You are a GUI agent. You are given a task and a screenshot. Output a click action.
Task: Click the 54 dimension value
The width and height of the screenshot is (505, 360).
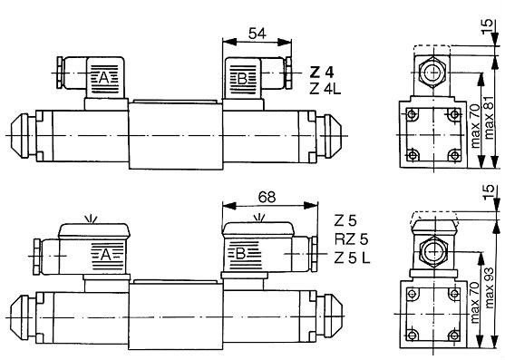[x=257, y=34]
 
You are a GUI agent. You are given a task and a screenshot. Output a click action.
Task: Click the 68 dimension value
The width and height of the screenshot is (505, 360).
[x=267, y=197]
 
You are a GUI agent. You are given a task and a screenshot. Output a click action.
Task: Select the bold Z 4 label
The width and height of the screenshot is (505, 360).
[x=322, y=73]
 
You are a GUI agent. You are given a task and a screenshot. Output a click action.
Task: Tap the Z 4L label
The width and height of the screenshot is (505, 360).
[x=325, y=89]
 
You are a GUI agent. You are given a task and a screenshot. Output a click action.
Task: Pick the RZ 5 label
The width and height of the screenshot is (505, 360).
[x=351, y=239]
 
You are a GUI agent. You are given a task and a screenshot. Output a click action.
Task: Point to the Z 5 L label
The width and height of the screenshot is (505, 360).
[x=352, y=258]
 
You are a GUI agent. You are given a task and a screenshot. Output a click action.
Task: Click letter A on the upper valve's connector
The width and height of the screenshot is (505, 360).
[x=103, y=78]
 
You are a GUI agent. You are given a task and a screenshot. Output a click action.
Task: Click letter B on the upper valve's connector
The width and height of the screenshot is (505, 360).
[x=242, y=79]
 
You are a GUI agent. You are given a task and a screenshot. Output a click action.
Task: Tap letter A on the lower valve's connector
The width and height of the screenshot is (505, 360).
[x=106, y=256]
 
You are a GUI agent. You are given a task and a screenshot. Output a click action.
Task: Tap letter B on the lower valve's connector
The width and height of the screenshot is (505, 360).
[x=240, y=255]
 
